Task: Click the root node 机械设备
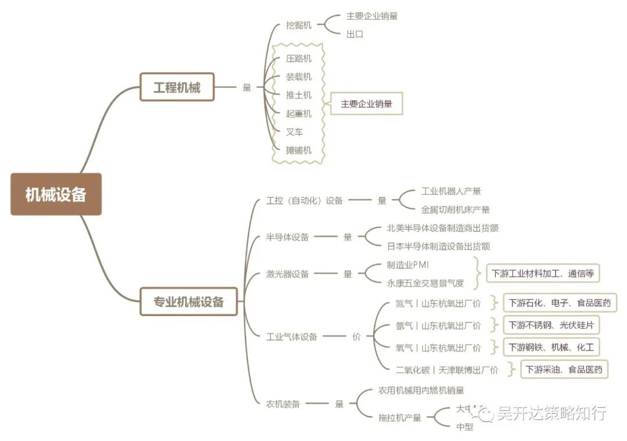[x=56, y=194]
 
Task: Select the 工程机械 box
[x=177, y=87]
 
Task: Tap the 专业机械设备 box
[x=189, y=302]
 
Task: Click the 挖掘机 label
[x=298, y=25]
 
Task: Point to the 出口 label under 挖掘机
[x=355, y=34]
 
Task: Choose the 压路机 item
[x=298, y=59]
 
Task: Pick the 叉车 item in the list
[x=294, y=132]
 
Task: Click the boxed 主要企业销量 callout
[x=366, y=104]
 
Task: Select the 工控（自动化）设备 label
[x=304, y=200]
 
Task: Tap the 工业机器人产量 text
[x=451, y=191]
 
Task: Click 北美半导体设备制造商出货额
[x=442, y=228]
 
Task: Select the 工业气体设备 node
[x=291, y=336]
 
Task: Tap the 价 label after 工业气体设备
[x=356, y=336]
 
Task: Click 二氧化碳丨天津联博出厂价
[x=446, y=370]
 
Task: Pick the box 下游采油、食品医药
[x=564, y=369]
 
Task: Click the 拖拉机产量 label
[x=399, y=417]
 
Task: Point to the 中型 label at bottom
[x=464, y=427]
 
